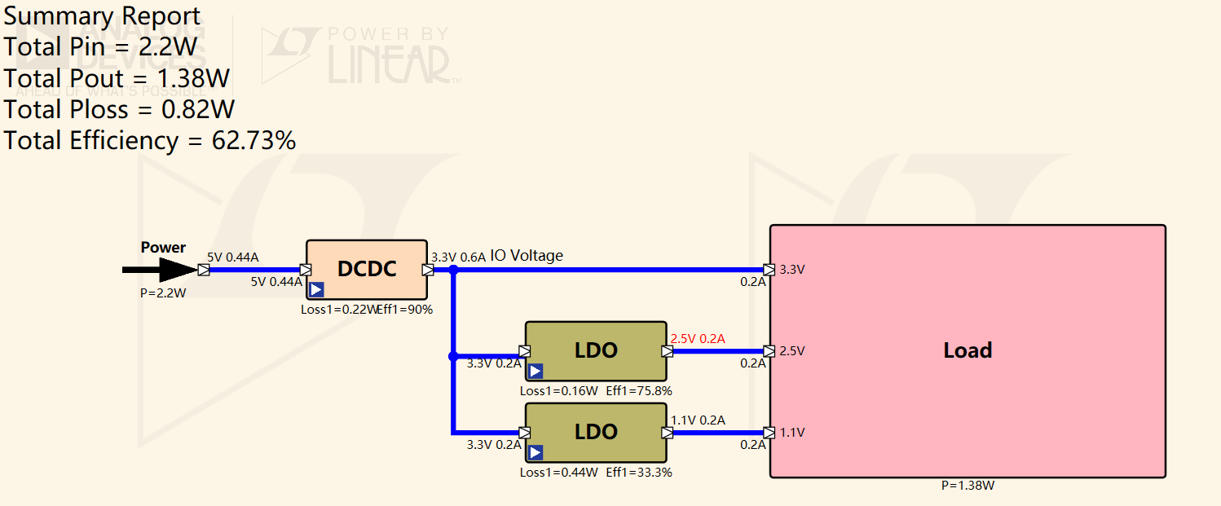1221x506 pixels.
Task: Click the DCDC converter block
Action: point(367,270)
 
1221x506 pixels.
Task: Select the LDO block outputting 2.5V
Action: point(596,351)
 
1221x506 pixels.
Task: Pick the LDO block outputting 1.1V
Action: point(596,432)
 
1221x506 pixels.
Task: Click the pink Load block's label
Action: point(968,350)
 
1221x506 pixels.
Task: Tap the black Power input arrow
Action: point(160,270)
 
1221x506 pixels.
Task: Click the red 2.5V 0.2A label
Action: point(698,339)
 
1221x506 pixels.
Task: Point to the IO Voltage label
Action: point(527,256)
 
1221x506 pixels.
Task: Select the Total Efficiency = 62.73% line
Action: point(150,141)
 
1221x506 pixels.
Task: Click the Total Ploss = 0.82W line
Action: point(119,110)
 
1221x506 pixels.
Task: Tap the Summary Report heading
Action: point(103,16)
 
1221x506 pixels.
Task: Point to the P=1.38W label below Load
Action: point(968,486)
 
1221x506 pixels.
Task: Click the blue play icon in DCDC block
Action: point(316,289)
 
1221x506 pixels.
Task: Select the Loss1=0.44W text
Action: point(559,473)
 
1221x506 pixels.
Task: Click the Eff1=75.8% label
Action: point(639,391)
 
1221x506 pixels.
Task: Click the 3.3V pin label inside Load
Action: point(792,270)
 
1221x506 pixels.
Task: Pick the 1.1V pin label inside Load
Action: point(792,433)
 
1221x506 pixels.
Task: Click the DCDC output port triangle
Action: point(428,270)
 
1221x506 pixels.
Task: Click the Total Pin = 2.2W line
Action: point(100,47)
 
